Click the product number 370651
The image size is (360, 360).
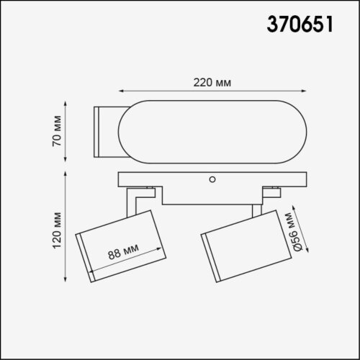(300, 26)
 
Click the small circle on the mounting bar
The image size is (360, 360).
(212, 178)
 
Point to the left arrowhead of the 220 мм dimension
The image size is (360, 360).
(121, 91)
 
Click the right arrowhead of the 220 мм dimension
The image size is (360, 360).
(308, 91)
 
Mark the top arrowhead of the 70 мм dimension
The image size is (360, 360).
(68, 103)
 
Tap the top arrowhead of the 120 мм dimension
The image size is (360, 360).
(68, 174)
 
